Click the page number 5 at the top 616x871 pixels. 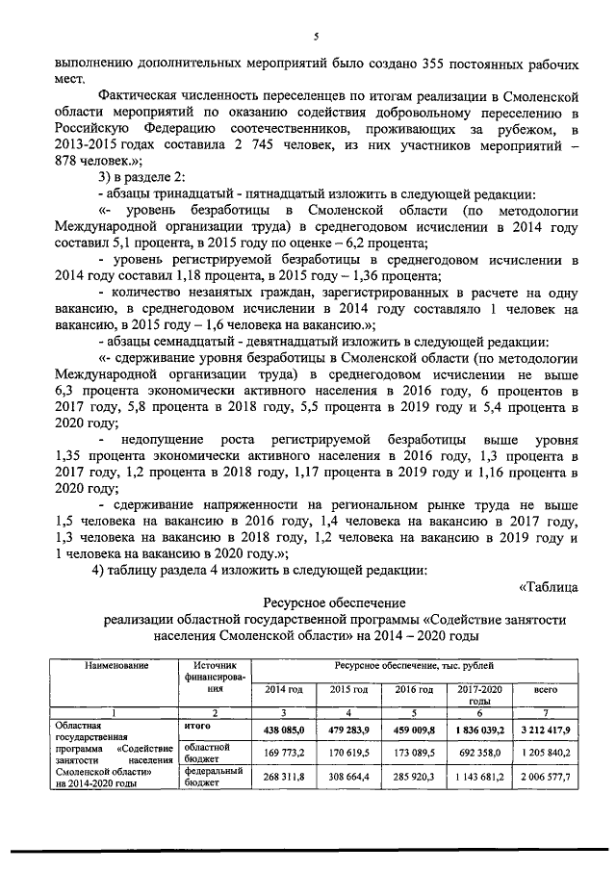(315, 37)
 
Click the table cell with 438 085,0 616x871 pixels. (284, 729)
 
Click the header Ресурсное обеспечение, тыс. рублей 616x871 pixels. (414, 665)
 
